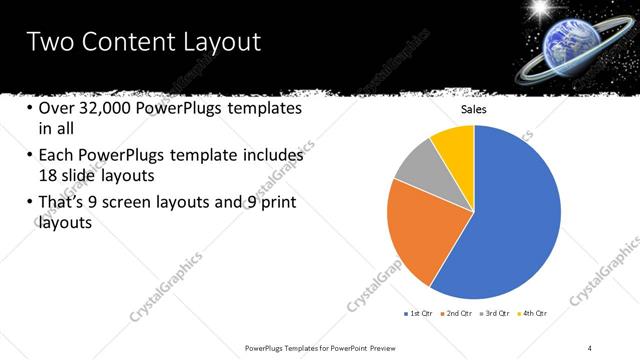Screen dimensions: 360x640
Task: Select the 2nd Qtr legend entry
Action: coord(459,314)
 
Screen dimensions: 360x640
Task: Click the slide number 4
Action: coord(590,347)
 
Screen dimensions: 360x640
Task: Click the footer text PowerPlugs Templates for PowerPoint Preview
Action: coord(320,347)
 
